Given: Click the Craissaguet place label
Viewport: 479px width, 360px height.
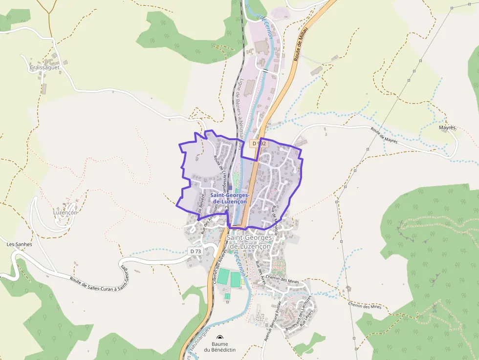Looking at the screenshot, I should (x=44, y=67).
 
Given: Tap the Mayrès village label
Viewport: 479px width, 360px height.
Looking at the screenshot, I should (x=447, y=127).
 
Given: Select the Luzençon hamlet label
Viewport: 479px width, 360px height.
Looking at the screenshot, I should (x=65, y=212).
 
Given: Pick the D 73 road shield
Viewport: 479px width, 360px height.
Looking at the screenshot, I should (x=195, y=251).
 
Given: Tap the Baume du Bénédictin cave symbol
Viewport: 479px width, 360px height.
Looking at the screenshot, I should (x=220, y=338).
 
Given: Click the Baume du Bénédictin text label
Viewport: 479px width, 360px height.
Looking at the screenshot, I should (x=220, y=347).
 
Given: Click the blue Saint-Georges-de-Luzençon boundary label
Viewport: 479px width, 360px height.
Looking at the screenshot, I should (x=230, y=198).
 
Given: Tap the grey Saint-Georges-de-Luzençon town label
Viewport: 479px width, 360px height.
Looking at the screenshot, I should (x=249, y=242).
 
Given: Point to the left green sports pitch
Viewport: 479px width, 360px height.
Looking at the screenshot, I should (x=223, y=278).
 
